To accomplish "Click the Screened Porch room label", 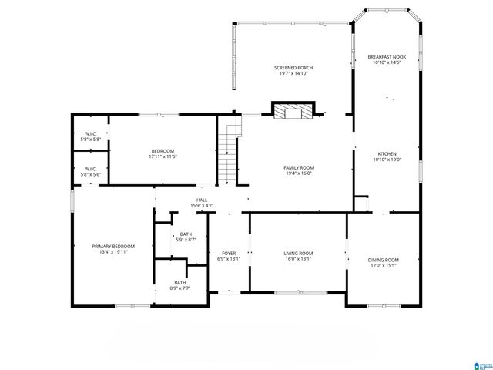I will click(293, 68).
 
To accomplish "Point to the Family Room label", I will click(299, 167).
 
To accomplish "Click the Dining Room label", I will click(383, 260).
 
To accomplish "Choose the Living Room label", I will click(299, 253).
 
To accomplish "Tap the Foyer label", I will click(229, 253).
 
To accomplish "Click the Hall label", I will click(202, 200).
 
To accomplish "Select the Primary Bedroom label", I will click(111, 246).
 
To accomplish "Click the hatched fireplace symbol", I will click(293, 112).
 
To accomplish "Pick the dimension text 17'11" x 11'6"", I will click(163, 157).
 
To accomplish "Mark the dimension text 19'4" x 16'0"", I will click(299, 173).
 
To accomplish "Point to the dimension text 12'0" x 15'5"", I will click(383, 266).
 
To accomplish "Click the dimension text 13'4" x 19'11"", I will click(111, 252).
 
